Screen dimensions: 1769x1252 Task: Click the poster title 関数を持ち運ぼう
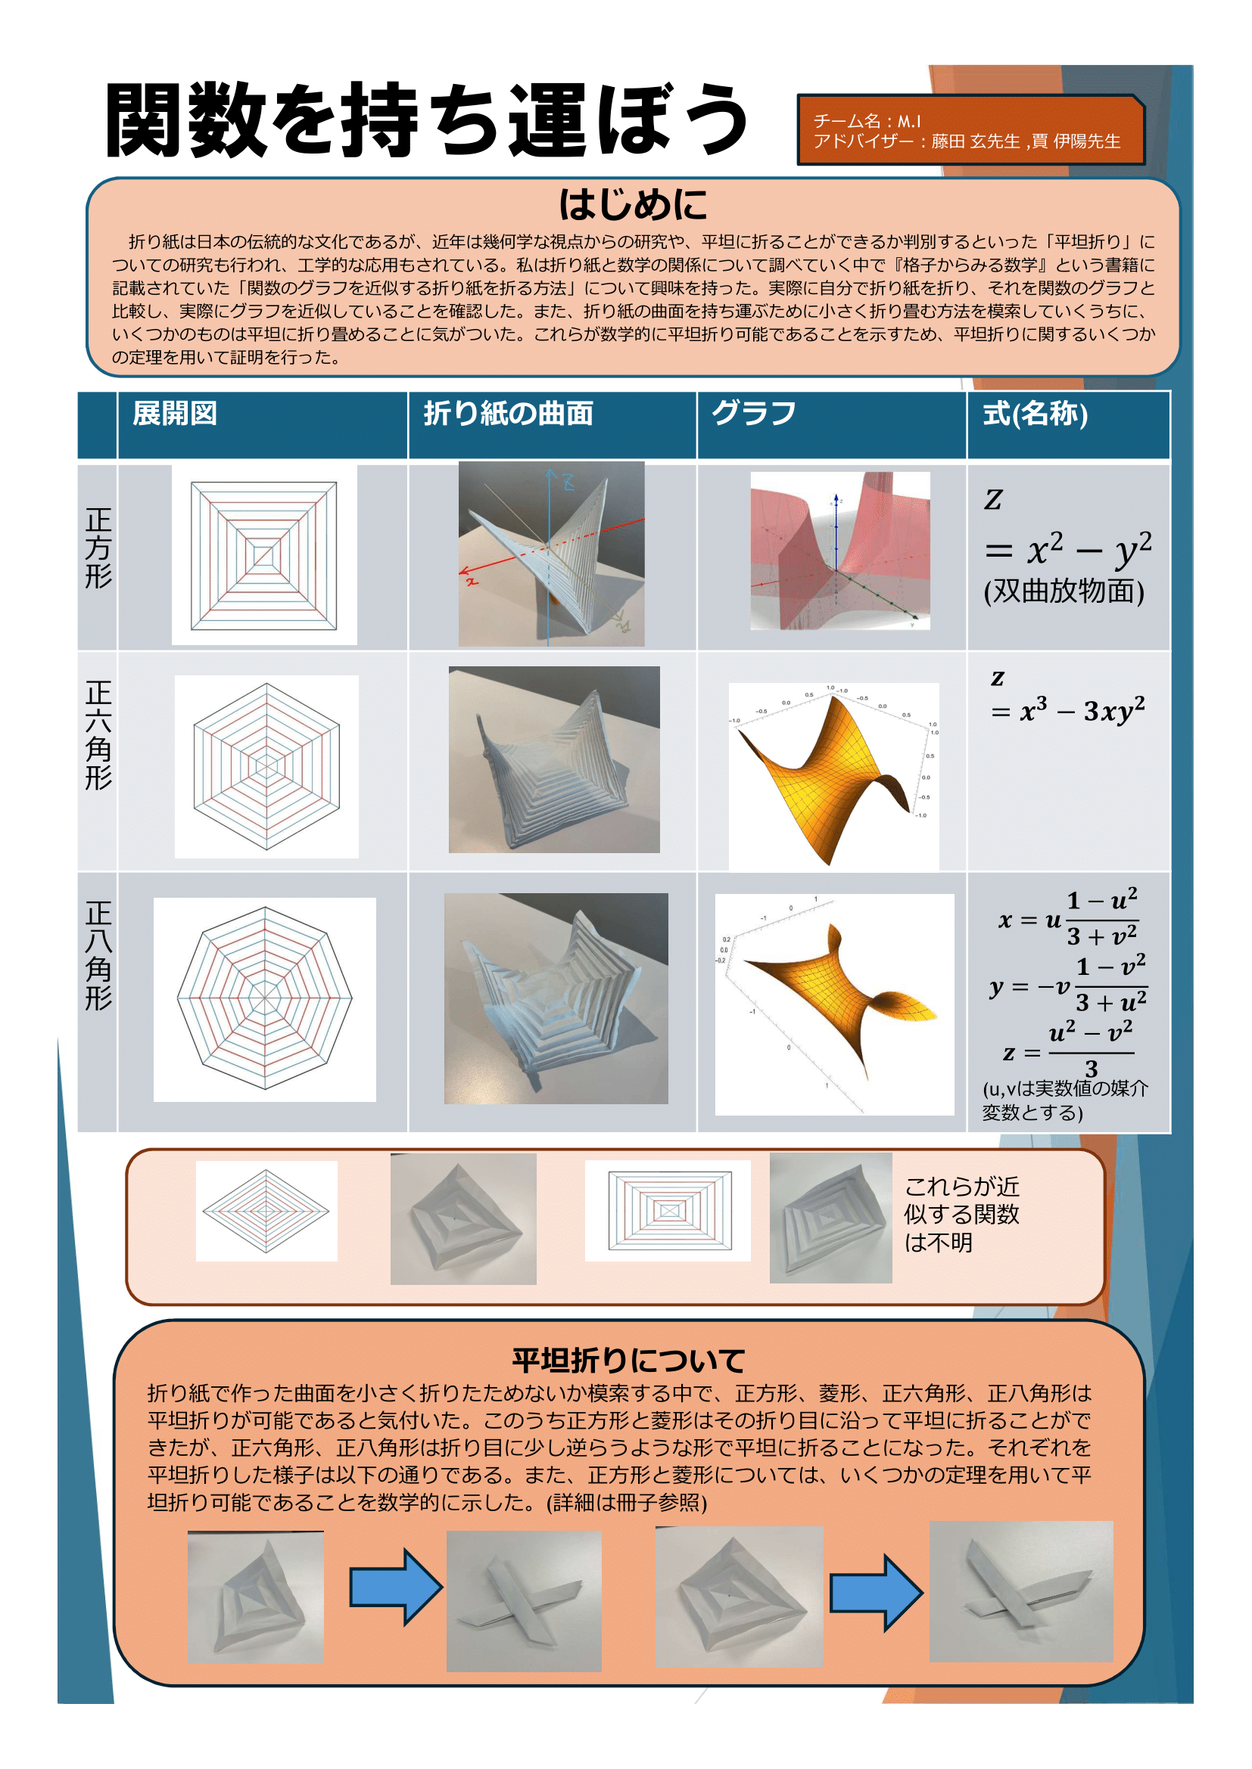pos(425,120)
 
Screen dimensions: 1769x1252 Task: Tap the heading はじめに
pos(632,205)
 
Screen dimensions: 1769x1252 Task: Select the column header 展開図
pos(175,414)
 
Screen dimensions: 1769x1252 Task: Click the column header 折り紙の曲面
pos(508,414)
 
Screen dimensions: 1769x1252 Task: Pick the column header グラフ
pos(753,414)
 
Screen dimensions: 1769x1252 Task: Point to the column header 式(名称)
pos(1035,414)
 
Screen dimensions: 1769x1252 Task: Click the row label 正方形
pos(98,548)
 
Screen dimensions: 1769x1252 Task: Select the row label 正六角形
pos(98,735)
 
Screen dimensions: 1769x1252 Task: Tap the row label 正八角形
pos(98,955)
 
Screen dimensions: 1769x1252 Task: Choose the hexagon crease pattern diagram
pos(266,767)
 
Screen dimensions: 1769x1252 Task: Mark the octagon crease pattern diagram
pos(264,998)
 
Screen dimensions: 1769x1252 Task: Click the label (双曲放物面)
pos(1064,591)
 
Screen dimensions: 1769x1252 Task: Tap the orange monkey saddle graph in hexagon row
pos(833,774)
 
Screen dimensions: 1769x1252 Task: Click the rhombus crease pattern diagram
pos(266,1211)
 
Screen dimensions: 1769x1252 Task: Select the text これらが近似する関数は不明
pos(961,1215)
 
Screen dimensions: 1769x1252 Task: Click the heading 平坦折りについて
pos(628,1361)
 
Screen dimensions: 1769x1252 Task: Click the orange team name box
pos(970,130)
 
